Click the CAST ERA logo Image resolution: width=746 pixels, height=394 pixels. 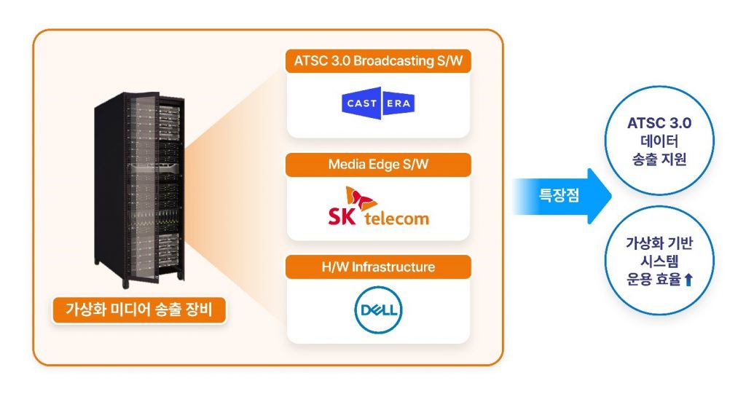(378, 103)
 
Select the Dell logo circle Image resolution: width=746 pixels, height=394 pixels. (378, 310)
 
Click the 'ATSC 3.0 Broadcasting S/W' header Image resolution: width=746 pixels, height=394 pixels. (378, 61)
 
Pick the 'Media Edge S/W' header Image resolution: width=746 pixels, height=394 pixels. (378, 165)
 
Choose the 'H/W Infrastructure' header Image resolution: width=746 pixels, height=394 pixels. (378, 267)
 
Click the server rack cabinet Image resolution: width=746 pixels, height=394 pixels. (139, 189)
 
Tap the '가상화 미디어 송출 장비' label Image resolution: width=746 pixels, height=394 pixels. (139, 310)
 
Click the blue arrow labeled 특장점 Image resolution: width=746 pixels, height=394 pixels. (562, 196)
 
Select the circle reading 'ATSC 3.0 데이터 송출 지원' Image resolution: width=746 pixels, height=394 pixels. (659, 141)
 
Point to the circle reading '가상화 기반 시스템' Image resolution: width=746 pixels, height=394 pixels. (659, 260)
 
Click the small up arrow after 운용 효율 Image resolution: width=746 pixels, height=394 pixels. (688, 280)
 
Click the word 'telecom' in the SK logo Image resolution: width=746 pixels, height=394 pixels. (397, 218)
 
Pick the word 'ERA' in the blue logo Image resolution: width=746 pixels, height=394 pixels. (398, 103)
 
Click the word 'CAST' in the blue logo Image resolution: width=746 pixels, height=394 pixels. (362, 103)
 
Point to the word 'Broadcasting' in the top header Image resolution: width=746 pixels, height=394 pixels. (393, 61)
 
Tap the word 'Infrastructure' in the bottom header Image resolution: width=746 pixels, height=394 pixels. (393, 267)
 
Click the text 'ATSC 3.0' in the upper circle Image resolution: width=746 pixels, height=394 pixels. (659, 123)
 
